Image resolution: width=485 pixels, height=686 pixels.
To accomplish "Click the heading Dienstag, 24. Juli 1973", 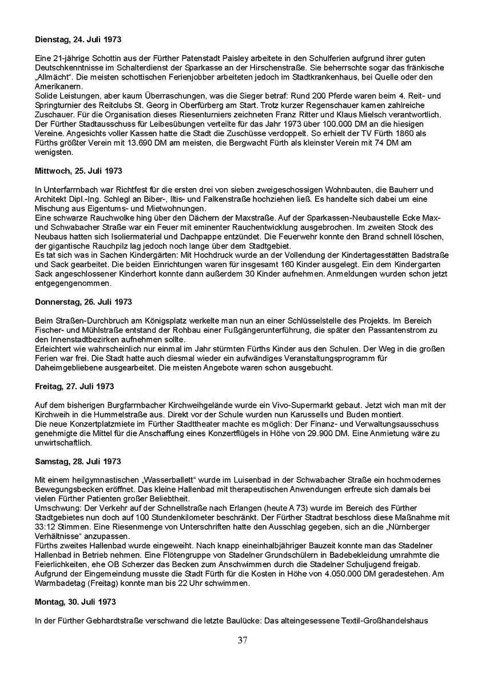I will pyautogui.click(x=78, y=41).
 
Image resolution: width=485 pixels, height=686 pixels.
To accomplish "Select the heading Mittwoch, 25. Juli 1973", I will pyautogui.click(x=78, y=171).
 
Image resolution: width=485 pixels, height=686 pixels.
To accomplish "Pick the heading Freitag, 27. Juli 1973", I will pyautogui.click(x=74, y=386).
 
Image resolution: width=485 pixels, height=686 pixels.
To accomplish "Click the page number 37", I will pyautogui.click(x=242, y=640).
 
